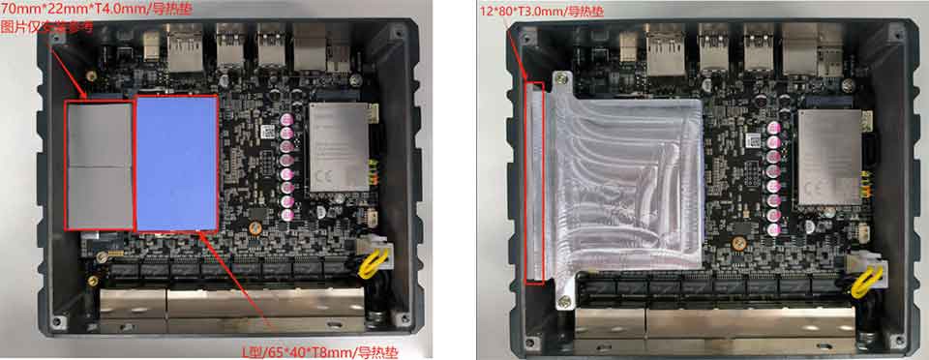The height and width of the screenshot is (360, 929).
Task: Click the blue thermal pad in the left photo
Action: [x=176, y=163]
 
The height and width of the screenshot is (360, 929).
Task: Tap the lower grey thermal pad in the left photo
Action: [x=98, y=195]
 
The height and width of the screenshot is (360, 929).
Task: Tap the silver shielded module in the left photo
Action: [x=340, y=145]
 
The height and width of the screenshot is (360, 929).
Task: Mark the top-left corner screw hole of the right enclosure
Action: [x=525, y=34]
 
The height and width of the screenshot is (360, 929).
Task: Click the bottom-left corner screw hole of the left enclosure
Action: [x=55, y=318]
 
